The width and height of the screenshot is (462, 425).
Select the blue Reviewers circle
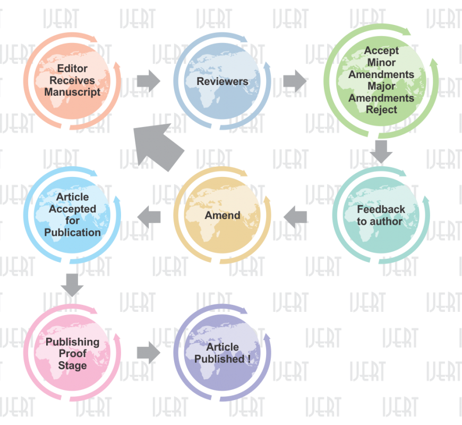pos(223,81)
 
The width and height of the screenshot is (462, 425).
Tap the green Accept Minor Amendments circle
pos(381,80)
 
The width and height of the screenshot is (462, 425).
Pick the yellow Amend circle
pos(223,215)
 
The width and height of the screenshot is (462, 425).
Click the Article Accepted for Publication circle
pos(72,215)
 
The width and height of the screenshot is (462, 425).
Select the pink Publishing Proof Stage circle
pos(72,353)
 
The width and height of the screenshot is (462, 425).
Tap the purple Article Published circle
pos(223,353)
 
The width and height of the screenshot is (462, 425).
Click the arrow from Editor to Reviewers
pos(148,81)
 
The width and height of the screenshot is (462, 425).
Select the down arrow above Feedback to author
pos(381,151)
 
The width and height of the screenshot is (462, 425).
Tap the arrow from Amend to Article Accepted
pos(149,216)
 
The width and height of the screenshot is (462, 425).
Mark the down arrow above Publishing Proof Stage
pos(72,285)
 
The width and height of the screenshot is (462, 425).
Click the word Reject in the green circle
pos(381,109)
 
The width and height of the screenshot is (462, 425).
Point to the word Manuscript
pos(72,92)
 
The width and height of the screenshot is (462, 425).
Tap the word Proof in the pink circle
pos(72,354)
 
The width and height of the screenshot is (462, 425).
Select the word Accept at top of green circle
pos(381,51)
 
